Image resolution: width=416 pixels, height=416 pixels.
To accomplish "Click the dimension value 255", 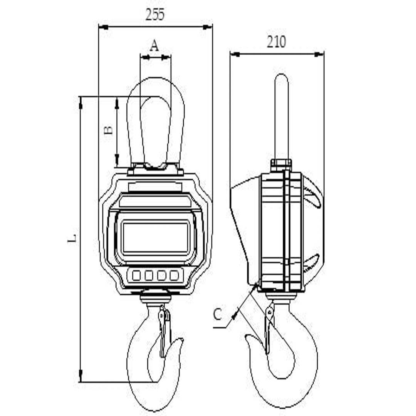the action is (155, 15).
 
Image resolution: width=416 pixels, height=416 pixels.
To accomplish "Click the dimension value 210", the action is (276, 42).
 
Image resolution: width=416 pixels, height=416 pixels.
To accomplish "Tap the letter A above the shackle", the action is (154, 45).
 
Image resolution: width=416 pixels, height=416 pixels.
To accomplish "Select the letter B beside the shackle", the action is (108, 130).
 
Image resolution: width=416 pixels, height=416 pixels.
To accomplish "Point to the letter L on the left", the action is (72, 238).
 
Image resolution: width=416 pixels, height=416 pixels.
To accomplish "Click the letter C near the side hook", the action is (218, 314).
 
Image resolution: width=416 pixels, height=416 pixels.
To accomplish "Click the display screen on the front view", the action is (156, 237).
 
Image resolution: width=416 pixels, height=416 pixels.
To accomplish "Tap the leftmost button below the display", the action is (136, 275).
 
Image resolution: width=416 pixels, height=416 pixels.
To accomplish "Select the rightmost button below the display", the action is (174, 275).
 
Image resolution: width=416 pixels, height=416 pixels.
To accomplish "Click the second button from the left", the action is (149, 275).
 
